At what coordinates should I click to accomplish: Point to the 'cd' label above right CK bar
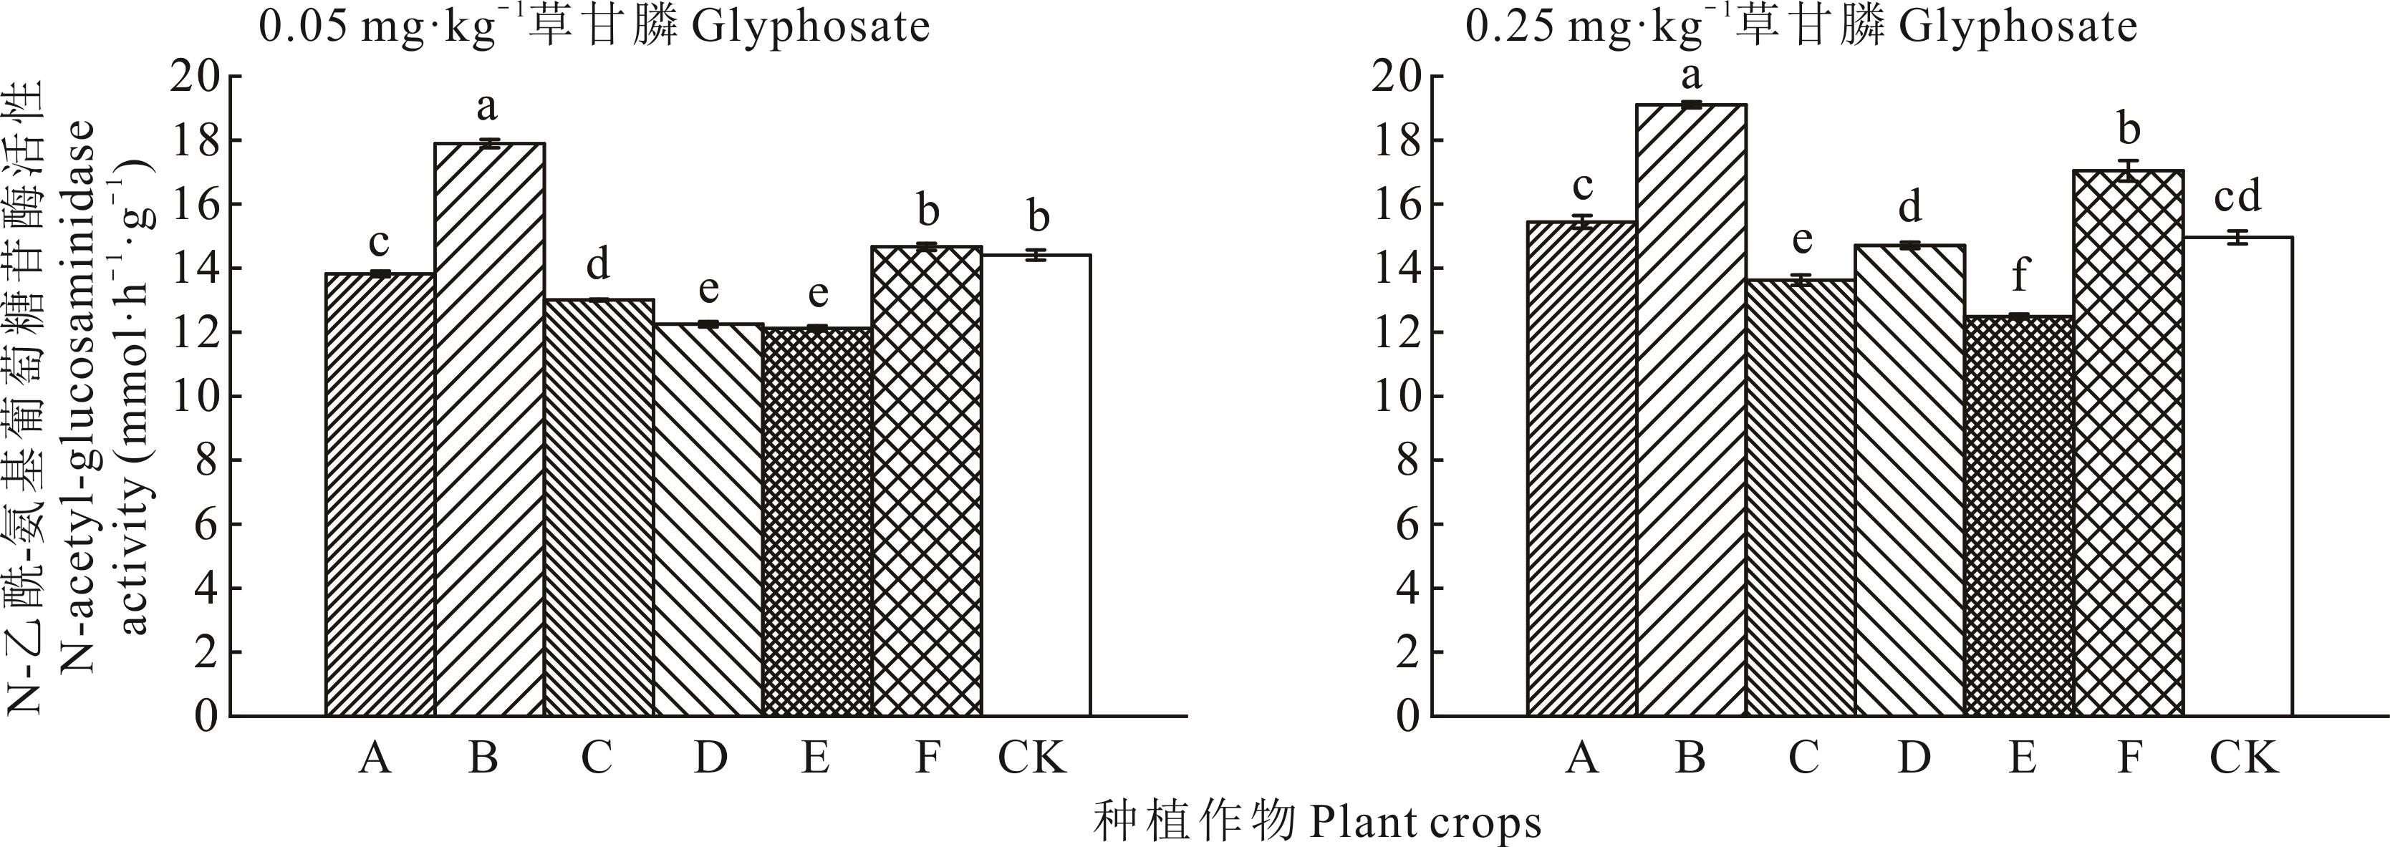pos(2238,198)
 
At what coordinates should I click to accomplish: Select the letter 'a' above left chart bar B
pos(487,107)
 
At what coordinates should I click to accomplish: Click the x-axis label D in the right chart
pos(1913,758)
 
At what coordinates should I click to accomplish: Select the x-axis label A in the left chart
pos(375,758)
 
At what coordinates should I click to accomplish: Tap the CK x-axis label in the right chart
pos(2243,758)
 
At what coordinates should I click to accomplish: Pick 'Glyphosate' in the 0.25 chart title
pos(2019,27)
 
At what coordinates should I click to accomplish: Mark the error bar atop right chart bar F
pos(2129,170)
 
